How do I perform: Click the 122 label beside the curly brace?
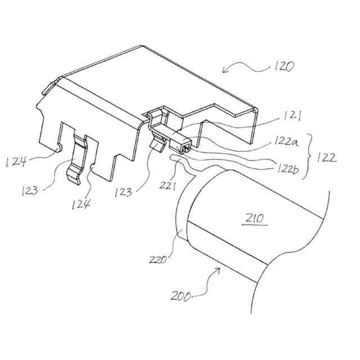coord(327,157)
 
